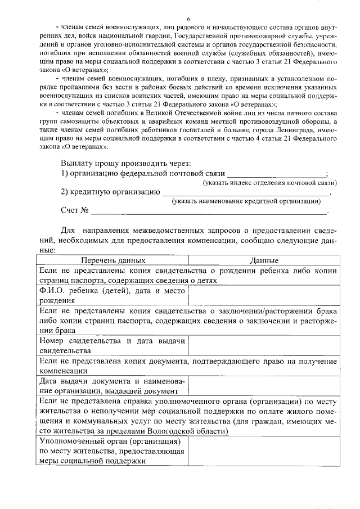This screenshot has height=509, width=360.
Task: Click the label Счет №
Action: (x=75, y=210)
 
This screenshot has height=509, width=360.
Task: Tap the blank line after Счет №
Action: (x=208, y=213)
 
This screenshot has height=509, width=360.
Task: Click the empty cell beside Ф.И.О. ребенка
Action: (x=263, y=295)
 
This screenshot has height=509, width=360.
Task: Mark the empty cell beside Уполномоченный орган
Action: (x=263, y=451)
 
